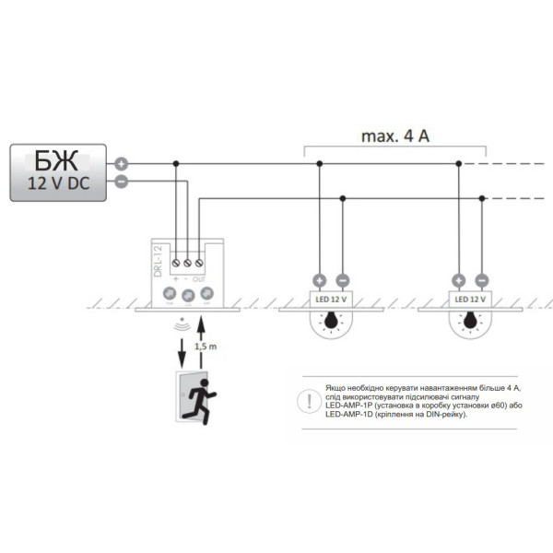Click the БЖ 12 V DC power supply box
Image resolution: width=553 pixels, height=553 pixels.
pyautogui.click(x=57, y=171)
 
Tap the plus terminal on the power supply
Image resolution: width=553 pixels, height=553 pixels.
pyautogui.click(x=120, y=164)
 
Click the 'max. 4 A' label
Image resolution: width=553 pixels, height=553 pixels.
pyautogui.click(x=395, y=136)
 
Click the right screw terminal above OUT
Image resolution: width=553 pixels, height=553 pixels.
pyautogui.click(x=200, y=264)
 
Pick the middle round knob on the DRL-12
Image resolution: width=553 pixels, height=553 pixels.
pyautogui.click(x=188, y=295)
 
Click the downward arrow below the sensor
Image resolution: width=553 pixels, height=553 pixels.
pyautogui.click(x=182, y=349)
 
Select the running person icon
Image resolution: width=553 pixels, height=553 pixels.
pyautogui.click(x=194, y=400)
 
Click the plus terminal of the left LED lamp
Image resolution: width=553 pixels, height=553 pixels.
pyautogui.click(x=320, y=280)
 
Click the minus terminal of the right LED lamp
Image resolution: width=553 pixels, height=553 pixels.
pyautogui.click(x=481, y=280)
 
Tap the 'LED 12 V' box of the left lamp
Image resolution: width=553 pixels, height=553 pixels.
pyautogui.click(x=331, y=300)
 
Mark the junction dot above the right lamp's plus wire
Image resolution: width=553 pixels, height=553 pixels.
pyautogui.click(x=458, y=164)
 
